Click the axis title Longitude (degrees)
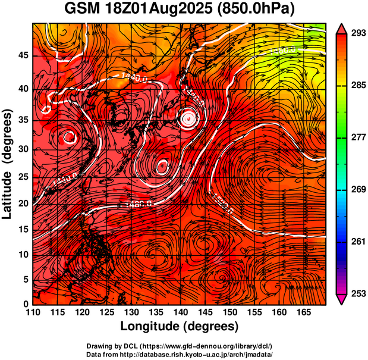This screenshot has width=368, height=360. tap(180, 326)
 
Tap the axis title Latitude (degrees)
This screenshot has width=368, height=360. tap(8, 164)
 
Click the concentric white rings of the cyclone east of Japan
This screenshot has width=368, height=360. tap(188, 118)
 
